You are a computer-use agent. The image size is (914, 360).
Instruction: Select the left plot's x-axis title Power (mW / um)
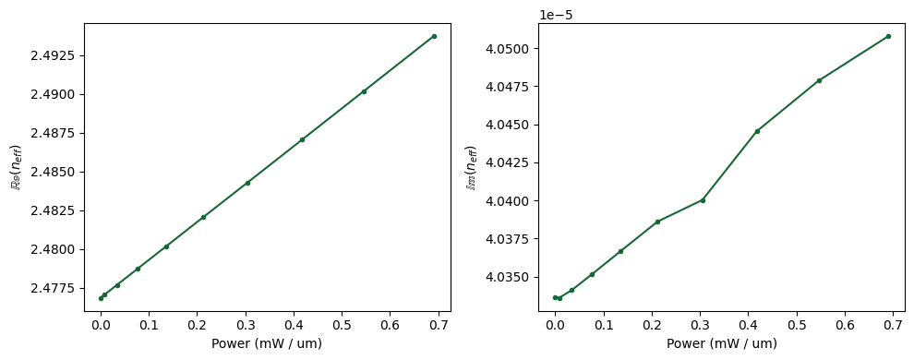coord(267,344)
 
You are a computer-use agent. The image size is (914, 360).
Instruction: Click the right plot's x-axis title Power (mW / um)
coord(722,344)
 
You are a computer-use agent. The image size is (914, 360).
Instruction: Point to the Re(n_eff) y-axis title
coord(15,167)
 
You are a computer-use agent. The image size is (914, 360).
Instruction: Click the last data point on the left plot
coord(434,36)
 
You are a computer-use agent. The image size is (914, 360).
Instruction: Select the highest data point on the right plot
coord(888,36)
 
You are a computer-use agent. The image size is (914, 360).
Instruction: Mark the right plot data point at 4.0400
coord(703,200)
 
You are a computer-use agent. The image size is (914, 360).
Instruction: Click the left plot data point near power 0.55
coord(364,91)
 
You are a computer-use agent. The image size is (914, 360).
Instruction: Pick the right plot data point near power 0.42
coord(757,131)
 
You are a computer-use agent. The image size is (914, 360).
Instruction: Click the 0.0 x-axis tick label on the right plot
coord(555,325)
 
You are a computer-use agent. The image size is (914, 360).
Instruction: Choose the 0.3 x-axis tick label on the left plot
coord(246,325)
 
